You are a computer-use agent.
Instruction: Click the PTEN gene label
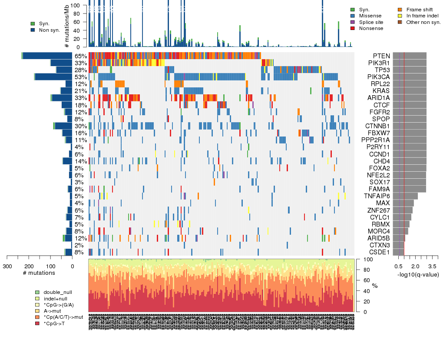tap(381, 56)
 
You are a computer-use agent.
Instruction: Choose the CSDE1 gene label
tap(379, 252)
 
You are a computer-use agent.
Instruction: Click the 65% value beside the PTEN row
tap(80, 56)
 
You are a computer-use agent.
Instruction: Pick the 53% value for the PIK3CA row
tap(80, 77)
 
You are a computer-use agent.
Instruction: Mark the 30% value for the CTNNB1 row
tap(80, 126)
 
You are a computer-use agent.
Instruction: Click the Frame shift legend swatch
tap(400, 10)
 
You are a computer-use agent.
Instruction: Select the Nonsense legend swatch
tap(353, 28)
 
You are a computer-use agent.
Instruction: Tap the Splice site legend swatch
tap(353, 22)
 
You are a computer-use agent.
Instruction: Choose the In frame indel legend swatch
tap(400, 16)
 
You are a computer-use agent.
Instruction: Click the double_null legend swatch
tap(38, 292)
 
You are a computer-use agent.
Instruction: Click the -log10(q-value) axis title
tap(418, 274)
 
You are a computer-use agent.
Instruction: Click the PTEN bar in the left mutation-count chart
tap(47, 56)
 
